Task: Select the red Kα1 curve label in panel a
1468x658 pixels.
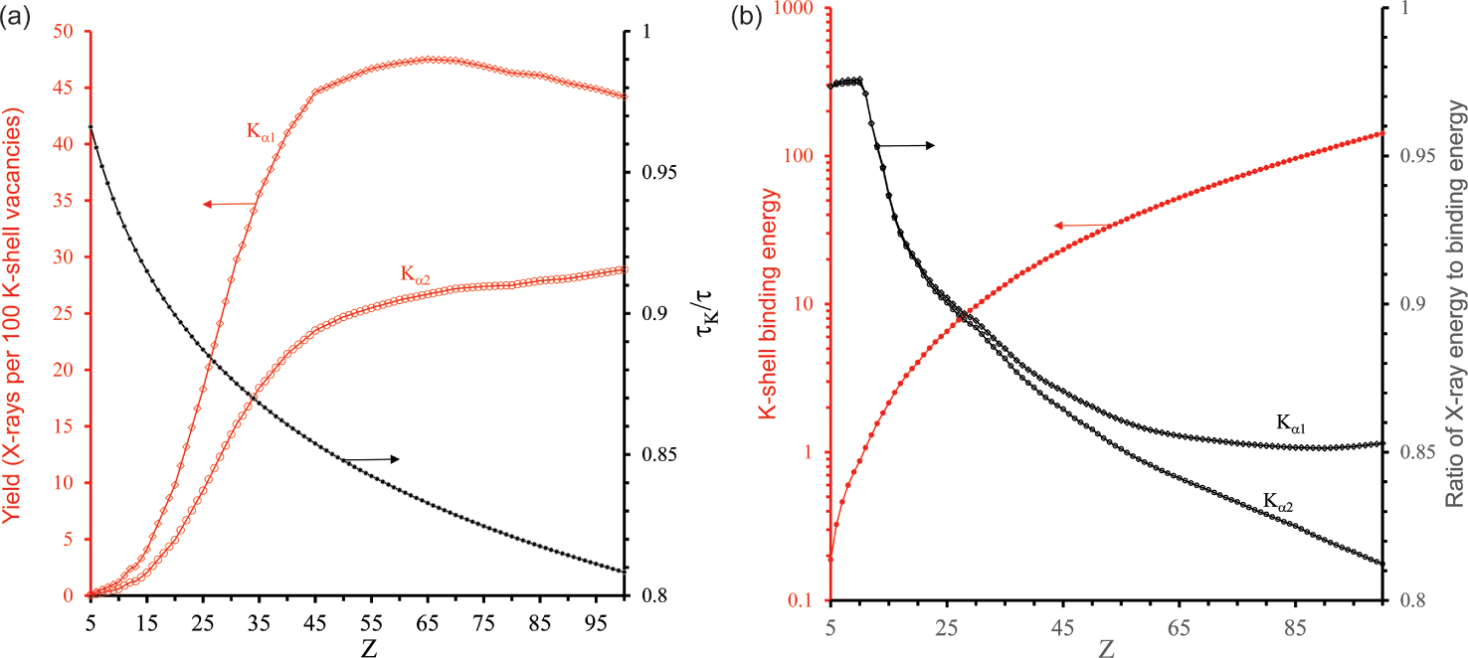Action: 263,131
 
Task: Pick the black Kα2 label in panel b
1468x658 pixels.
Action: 1280,499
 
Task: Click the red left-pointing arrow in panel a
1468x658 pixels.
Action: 229,204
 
